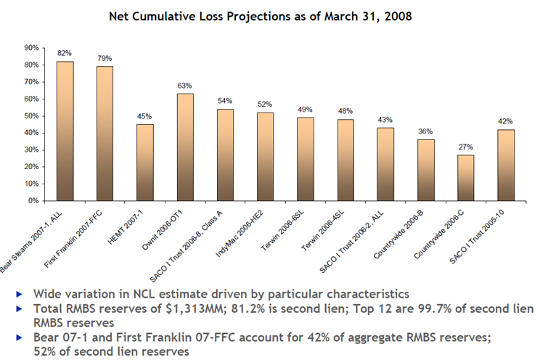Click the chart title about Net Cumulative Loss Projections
(x=270, y=15)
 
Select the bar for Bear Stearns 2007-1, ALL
(x=65, y=131)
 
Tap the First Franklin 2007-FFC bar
(x=105, y=134)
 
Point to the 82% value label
(x=65, y=54)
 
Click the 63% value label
(x=185, y=86)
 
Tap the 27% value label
(x=465, y=147)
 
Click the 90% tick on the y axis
(x=31, y=48)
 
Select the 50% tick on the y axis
(x=31, y=116)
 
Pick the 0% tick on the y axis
(x=33, y=201)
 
